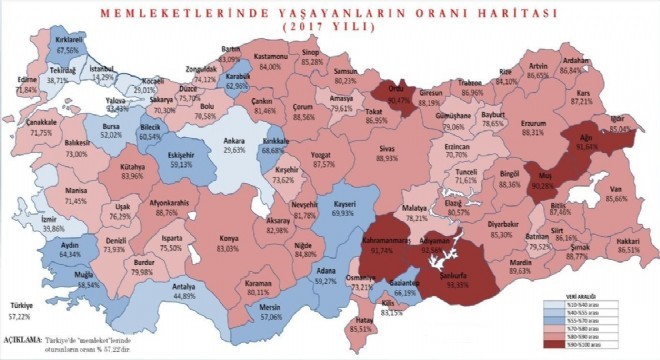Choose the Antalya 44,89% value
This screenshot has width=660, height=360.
pos(180,296)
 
